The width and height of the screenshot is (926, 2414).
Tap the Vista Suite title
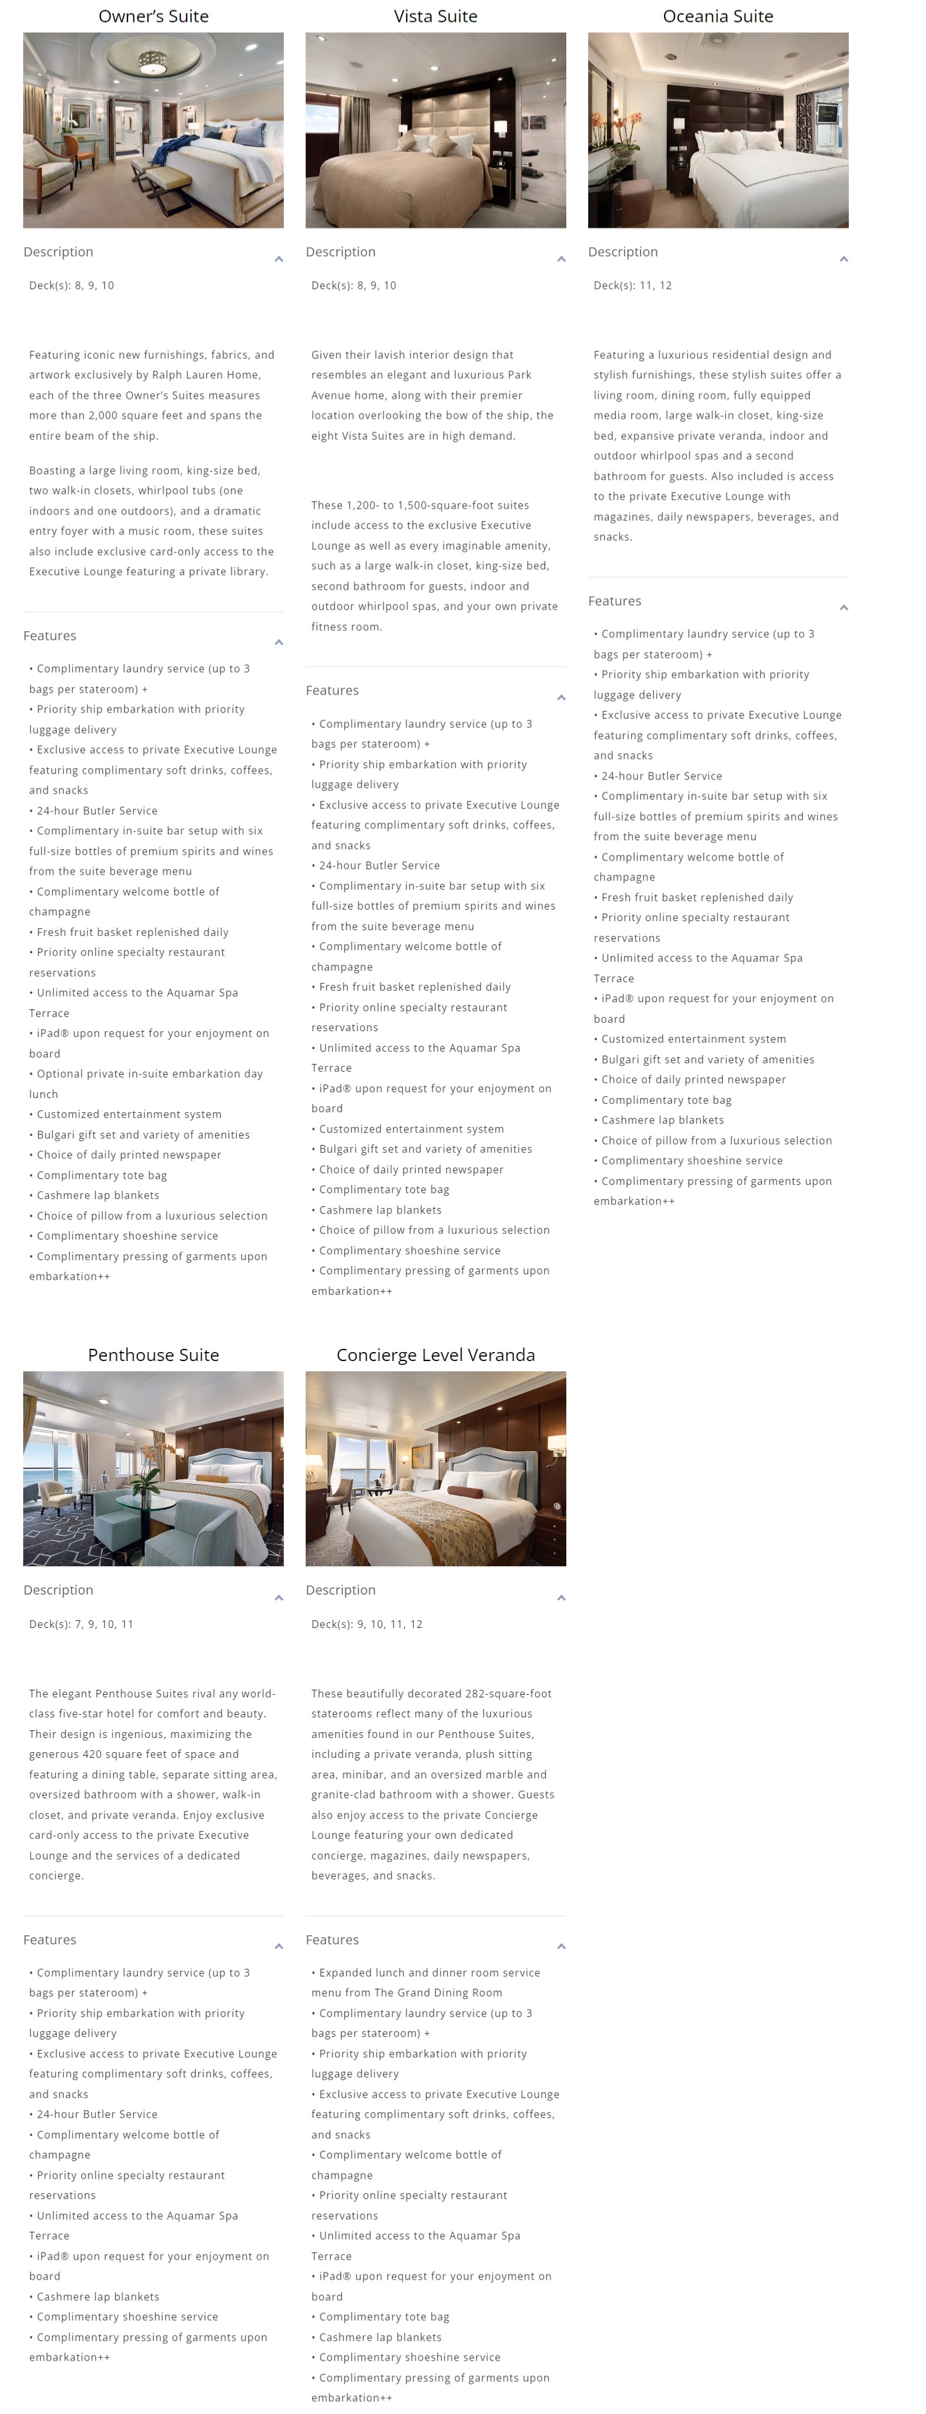click(x=435, y=16)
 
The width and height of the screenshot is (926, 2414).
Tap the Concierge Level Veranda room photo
click(x=435, y=1468)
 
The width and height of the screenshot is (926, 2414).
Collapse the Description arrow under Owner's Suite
click(x=279, y=259)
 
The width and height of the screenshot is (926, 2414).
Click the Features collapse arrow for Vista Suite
click(x=560, y=697)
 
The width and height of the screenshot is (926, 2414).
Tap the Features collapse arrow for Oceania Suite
click(x=844, y=607)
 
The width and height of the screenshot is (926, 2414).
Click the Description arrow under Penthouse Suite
click(x=279, y=1598)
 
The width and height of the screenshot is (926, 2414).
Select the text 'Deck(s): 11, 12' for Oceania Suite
click(x=633, y=285)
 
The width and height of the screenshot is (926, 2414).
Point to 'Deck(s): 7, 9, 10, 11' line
click(x=82, y=1624)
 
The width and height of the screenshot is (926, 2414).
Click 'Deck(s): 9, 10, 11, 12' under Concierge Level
click(x=366, y=1624)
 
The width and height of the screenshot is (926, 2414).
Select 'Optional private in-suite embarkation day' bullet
click(x=150, y=1074)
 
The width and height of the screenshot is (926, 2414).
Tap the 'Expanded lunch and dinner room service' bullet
click(x=429, y=1973)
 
